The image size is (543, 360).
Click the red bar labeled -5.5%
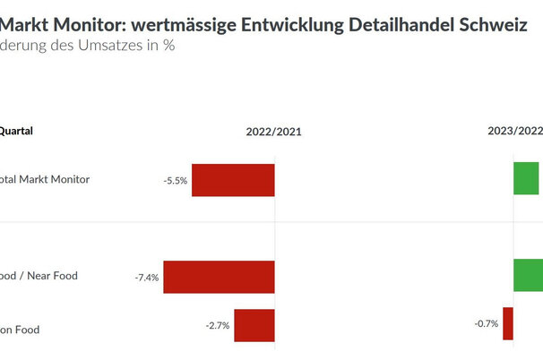[233, 180]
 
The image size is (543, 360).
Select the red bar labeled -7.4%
[219, 277]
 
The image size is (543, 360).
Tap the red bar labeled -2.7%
[254, 325]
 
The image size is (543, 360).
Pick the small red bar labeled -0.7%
[508, 323]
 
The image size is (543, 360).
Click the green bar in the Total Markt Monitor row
[527, 178]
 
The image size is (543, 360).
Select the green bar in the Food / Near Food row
[528, 275]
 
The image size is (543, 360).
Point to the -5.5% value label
[175, 181]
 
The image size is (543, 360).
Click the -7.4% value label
[146, 278]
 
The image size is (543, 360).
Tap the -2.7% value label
[218, 325]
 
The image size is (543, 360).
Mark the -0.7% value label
[486, 323]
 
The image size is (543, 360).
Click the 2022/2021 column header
[274, 132]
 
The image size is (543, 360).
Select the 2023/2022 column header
[514, 131]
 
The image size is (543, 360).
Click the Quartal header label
[16, 131]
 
